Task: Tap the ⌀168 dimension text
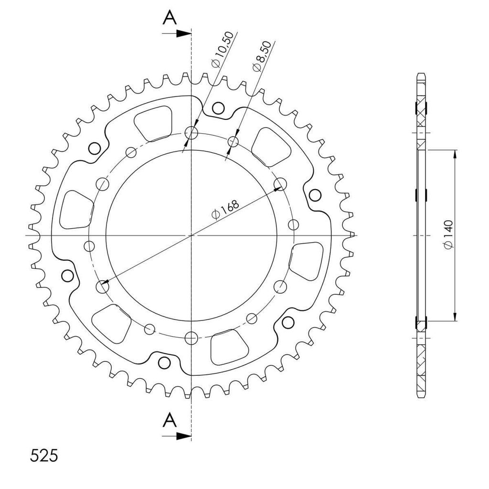pos(225,210)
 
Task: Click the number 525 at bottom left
pos(44,456)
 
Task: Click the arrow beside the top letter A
pos(177,33)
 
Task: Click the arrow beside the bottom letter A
pos(177,436)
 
